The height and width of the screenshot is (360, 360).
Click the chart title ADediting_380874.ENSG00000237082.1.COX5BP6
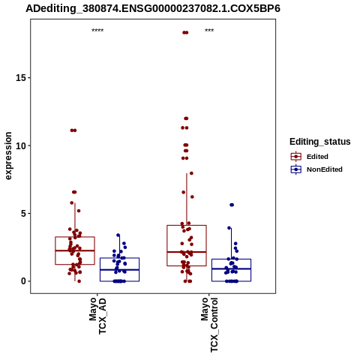coord(153,8)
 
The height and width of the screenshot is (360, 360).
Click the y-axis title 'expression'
coord(8,156)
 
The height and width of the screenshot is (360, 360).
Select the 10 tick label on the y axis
coord(21,145)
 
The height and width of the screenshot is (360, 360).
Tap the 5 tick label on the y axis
coord(23,214)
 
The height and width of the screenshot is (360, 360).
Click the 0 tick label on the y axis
coord(23,281)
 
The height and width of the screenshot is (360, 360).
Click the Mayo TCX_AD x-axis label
coord(97,316)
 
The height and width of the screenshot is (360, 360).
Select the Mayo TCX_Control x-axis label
coord(209,325)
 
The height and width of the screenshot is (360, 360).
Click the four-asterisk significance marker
coord(97,31)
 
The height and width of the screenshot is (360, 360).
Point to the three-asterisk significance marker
coord(209,31)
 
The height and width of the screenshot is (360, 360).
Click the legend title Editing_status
coord(320,142)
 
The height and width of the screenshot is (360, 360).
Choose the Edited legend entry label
coord(317,157)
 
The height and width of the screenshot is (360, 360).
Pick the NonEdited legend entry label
coord(325,169)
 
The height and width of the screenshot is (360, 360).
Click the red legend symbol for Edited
coord(296,157)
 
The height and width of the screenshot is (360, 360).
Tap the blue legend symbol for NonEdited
coord(296,169)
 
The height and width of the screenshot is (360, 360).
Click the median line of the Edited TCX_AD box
coord(75,250)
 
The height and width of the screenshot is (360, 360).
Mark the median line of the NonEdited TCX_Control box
coord(231,268)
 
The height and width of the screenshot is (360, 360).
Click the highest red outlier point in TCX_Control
coord(185,32)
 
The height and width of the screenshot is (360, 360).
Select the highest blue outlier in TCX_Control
coord(232,205)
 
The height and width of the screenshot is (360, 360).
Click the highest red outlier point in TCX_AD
coord(73,130)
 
